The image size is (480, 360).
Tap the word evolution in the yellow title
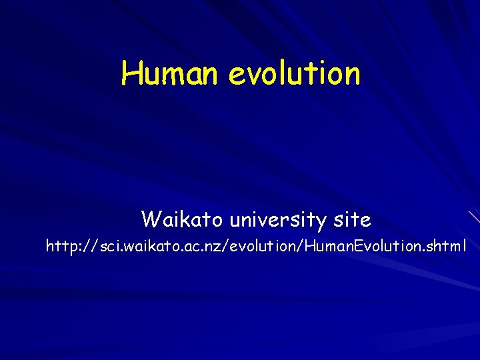coord(294,73)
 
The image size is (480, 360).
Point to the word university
coord(280,219)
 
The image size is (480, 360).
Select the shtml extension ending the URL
coord(445,247)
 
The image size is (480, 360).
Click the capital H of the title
coord(130,73)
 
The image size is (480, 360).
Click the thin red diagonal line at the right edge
coord(474,216)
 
